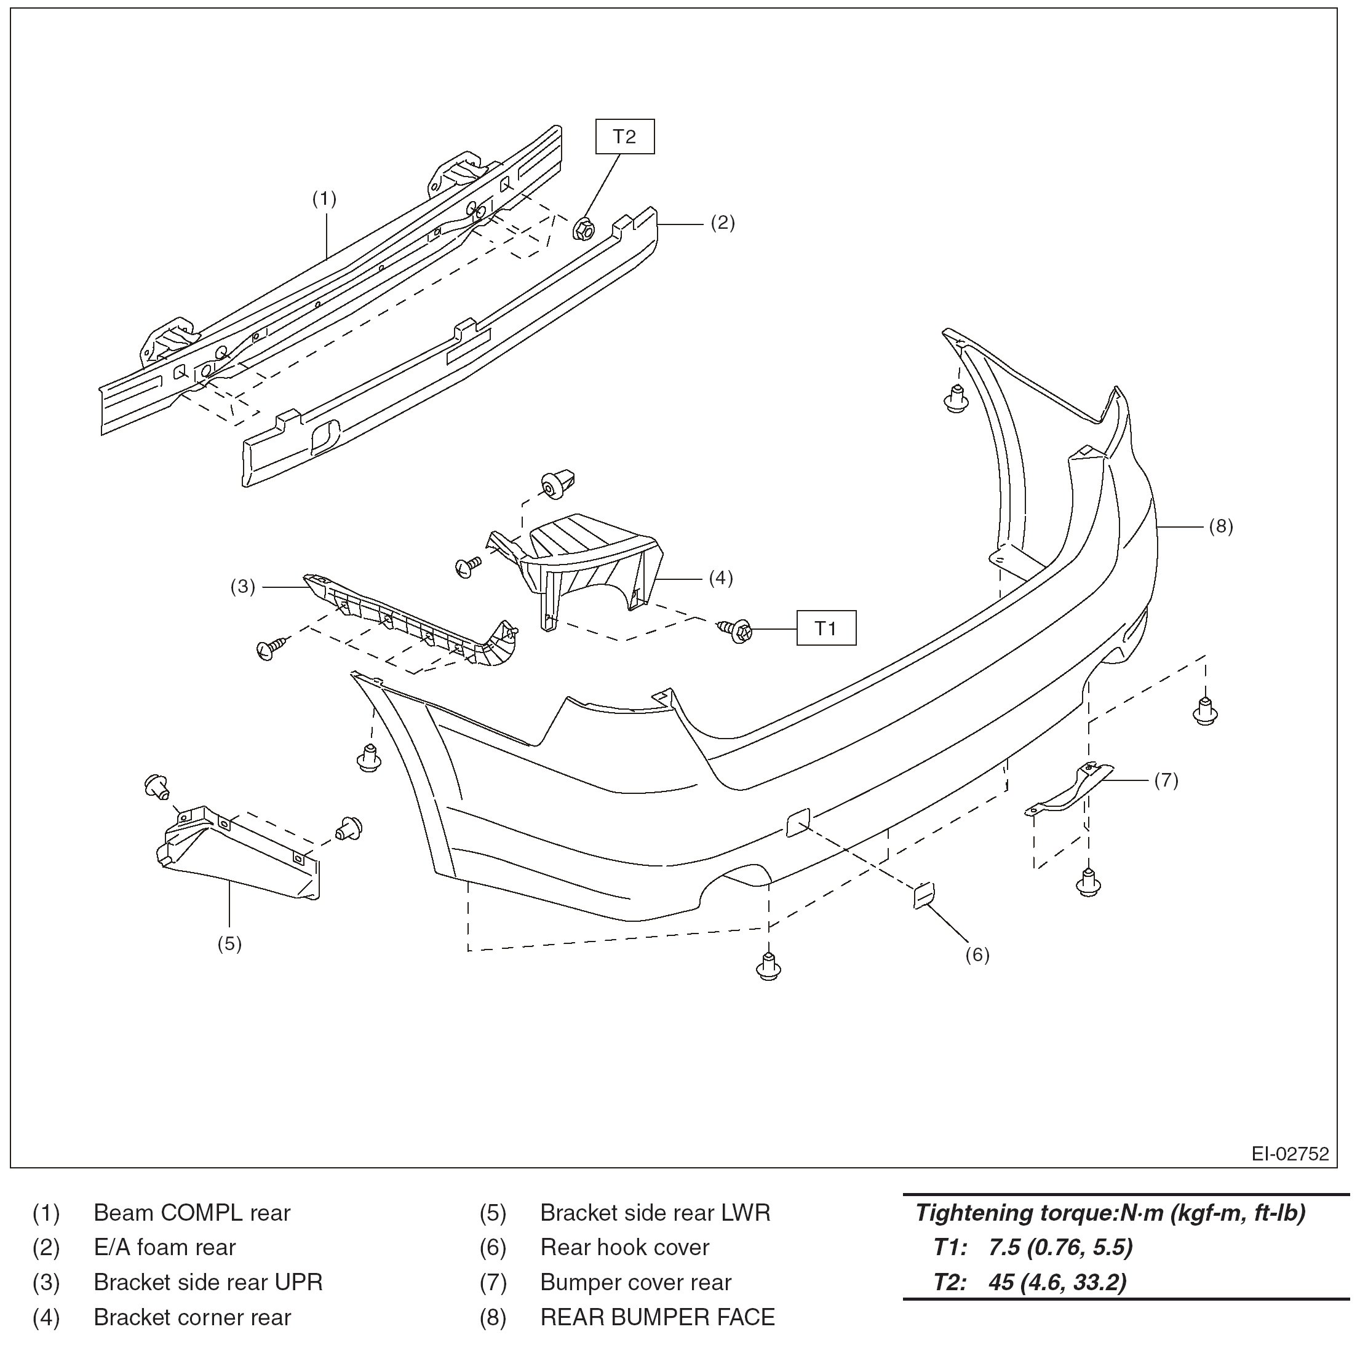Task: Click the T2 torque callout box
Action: [624, 137]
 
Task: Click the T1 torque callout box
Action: [825, 628]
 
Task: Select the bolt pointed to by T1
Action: [736, 628]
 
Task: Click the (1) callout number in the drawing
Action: [324, 199]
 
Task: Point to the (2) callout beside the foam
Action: [722, 223]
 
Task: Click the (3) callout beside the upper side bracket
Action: [242, 586]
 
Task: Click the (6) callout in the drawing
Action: [977, 955]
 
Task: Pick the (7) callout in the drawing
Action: [1166, 780]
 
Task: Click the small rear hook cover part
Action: [923, 895]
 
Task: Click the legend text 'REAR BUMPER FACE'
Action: [657, 1317]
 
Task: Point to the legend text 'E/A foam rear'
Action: [164, 1248]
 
